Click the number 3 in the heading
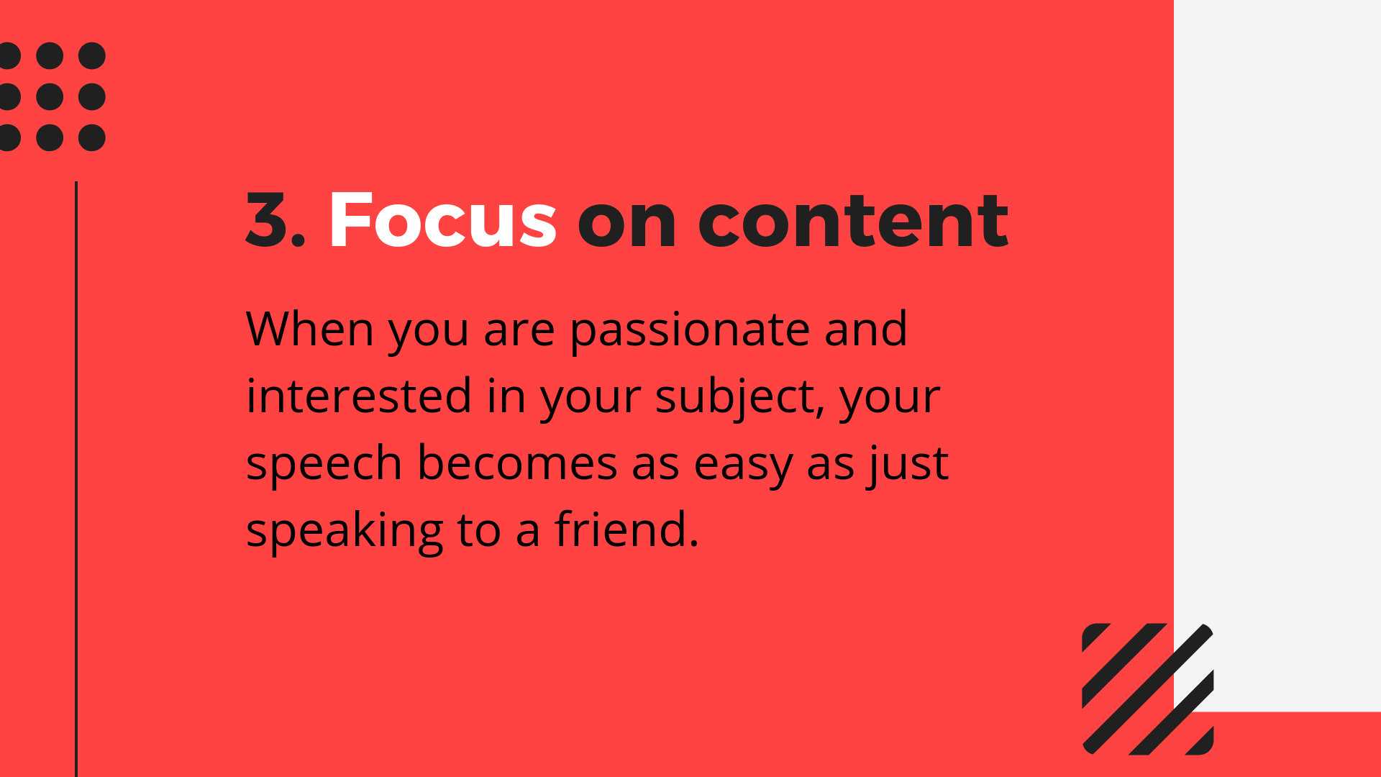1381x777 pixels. coord(268,220)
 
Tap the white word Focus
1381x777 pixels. coord(442,220)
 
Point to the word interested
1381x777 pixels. coord(359,396)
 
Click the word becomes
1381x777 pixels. coord(517,463)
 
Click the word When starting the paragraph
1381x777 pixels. coord(310,329)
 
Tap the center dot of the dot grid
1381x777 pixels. coord(50,96)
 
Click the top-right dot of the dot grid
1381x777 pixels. coord(92,55)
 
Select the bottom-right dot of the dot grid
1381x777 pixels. coord(92,137)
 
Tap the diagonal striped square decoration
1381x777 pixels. coord(1147,689)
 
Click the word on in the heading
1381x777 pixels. coord(626,222)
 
